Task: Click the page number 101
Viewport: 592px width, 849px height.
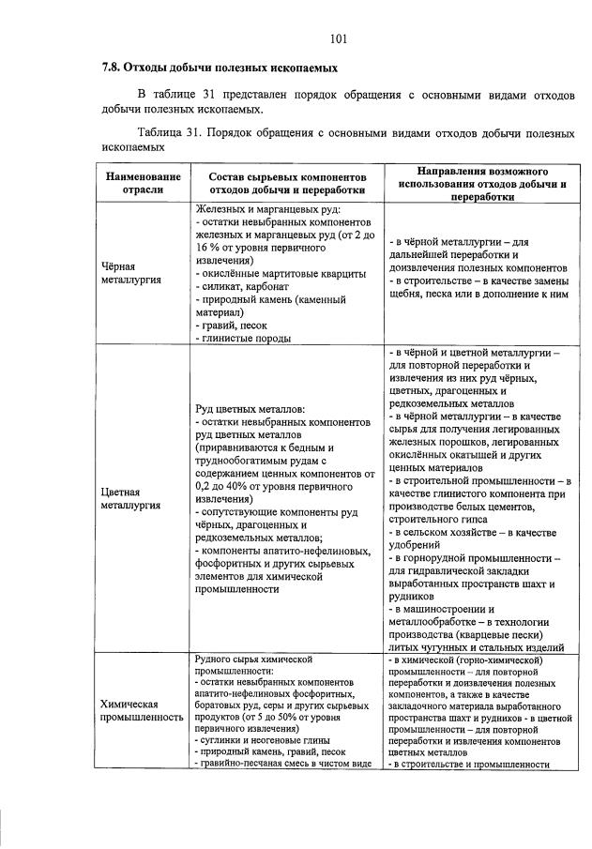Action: pos(339,38)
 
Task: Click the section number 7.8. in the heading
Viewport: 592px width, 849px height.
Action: pos(114,68)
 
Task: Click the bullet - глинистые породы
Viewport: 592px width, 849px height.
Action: pos(243,339)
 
